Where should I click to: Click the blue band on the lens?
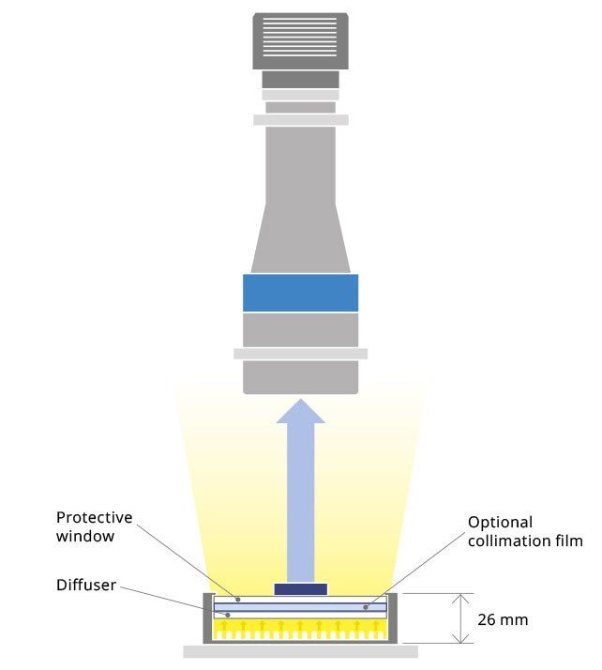pyautogui.click(x=300, y=292)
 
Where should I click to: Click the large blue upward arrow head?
pyautogui.click(x=300, y=411)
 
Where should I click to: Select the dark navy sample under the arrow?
pyautogui.click(x=300, y=589)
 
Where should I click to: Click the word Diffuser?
pyautogui.click(x=86, y=585)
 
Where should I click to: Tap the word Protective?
pyautogui.click(x=95, y=517)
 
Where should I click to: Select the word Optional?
pyautogui.click(x=500, y=522)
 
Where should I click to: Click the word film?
pyautogui.click(x=570, y=541)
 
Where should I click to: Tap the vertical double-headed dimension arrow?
pyautogui.click(x=459, y=618)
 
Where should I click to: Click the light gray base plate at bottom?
pyautogui.click(x=300, y=650)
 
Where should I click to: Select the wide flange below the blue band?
pyautogui.click(x=300, y=353)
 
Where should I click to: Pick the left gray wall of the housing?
pyautogui.click(x=207, y=618)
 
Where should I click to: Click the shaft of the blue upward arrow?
pyautogui.click(x=300, y=507)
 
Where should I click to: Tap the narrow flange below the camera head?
pyautogui.click(x=300, y=119)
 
